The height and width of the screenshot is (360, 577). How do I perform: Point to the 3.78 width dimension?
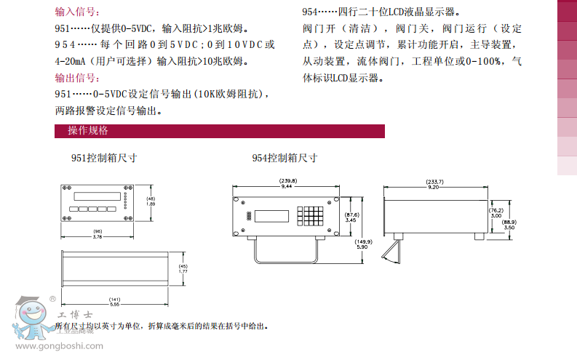(x=97, y=236)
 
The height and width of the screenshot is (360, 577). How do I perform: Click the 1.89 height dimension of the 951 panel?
(x=151, y=204)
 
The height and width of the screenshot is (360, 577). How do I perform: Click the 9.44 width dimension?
(x=287, y=186)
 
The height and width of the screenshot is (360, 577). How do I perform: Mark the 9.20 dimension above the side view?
(x=435, y=187)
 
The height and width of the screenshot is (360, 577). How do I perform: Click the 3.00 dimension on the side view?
(x=496, y=215)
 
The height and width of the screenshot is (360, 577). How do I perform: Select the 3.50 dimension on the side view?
(x=509, y=227)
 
